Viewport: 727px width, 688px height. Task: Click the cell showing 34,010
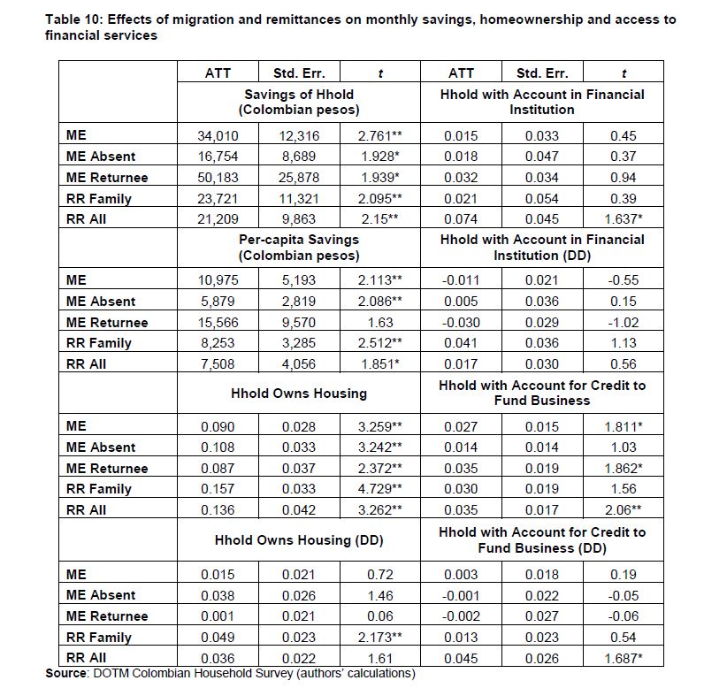coord(218,136)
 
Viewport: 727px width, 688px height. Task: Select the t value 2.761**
coord(379,136)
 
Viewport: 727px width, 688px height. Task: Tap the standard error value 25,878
coord(298,178)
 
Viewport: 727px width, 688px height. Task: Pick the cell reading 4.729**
coord(379,489)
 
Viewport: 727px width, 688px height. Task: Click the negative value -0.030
coord(461,322)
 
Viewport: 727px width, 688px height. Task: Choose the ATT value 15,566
coord(218,322)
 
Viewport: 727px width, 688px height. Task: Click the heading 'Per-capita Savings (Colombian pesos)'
coord(299,247)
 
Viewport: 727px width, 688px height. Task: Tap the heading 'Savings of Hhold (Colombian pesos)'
coord(299,102)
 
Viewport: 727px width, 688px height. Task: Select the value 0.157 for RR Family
coord(218,489)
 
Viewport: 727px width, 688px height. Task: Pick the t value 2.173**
coord(379,638)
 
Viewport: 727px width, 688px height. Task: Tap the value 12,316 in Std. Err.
coord(298,136)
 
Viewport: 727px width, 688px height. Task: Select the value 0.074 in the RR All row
coord(461,219)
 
